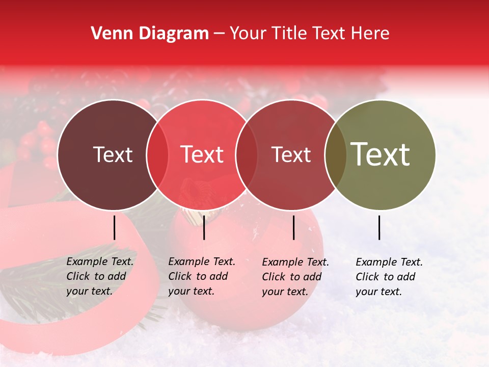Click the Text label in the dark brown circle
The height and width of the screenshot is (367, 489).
pyautogui.click(x=113, y=154)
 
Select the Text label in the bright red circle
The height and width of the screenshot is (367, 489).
pyautogui.click(x=202, y=154)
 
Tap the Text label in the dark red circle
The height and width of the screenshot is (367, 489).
pyautogui.click(x=291, y=154)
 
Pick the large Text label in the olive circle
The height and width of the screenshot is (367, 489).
pyautogui.click(x=381, y=154)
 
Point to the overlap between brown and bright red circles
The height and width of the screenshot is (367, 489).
pyautogui.click(x=157, y=154)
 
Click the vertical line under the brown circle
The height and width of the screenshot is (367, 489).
pyautogui.click(x=115, y=227)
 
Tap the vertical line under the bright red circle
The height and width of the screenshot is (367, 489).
pyautogui.click(x=204, y=227)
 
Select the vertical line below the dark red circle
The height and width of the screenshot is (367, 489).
pyautogui.click(x=294, y=227)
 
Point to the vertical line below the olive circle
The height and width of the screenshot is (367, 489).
pyautogui.click(x=379, y=227)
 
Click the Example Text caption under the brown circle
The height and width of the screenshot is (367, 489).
pyautogui.click(x=100, y=276)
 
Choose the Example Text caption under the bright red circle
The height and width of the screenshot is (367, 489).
pyautogui.click(x=202, y=276)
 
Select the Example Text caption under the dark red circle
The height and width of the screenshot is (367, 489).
pyautogui.click(x=295, y=277)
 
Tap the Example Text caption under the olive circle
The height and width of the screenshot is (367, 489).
pyautogui.click(x=389, y=277)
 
